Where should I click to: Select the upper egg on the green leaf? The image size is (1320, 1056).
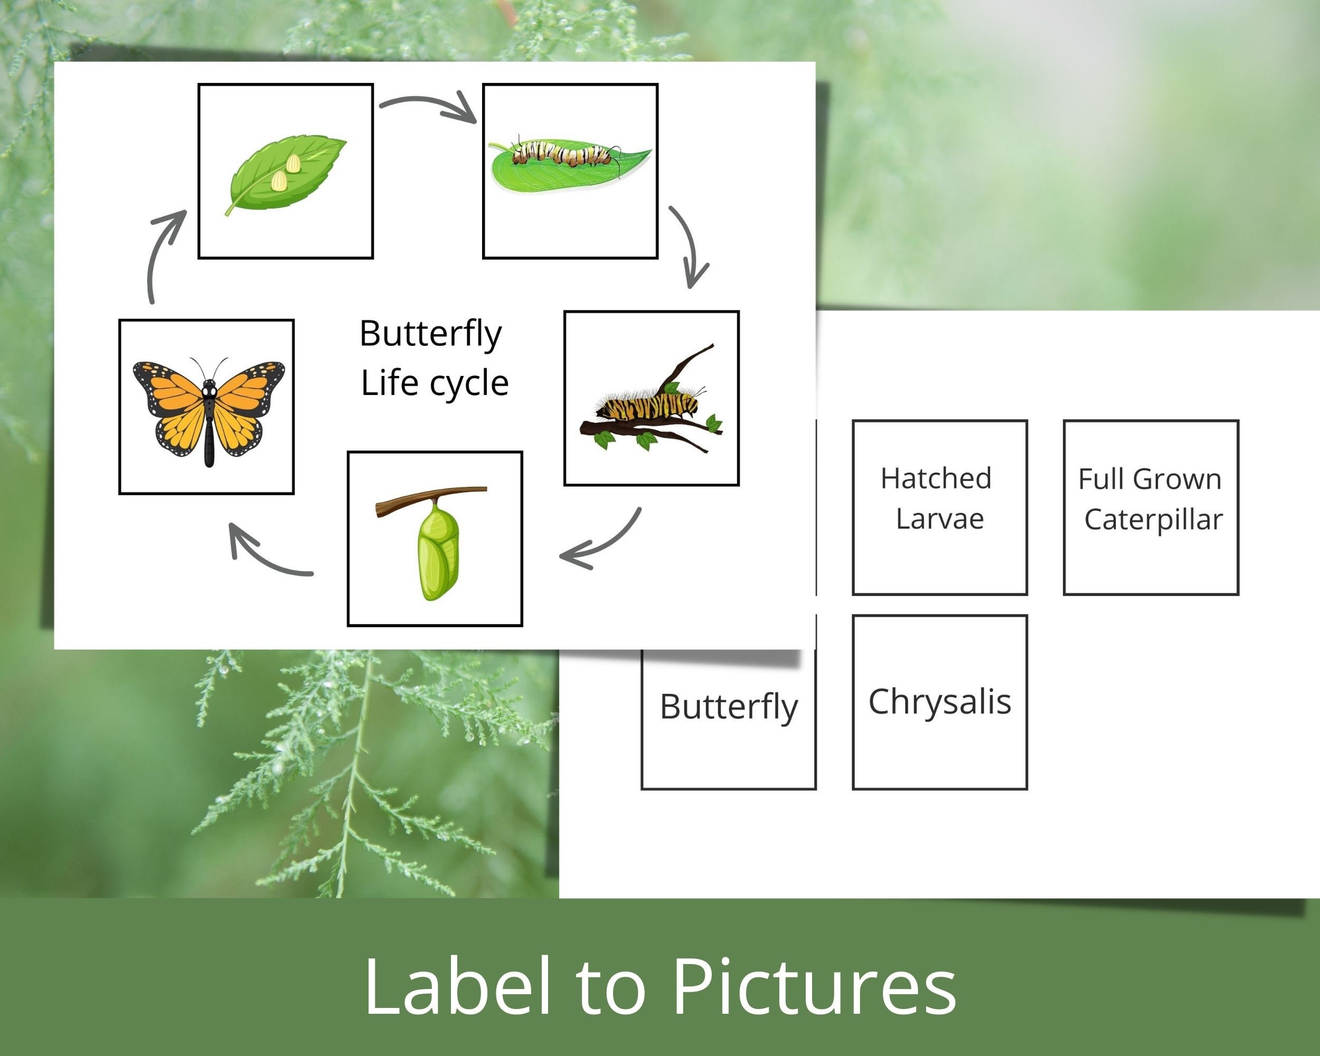click(x=293, y=164)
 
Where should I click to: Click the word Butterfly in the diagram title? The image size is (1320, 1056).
click(x=430, y=334)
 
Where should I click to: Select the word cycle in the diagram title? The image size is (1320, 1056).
click(x=469, y=384)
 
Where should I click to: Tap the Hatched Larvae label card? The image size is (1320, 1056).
click(x=939, y=507)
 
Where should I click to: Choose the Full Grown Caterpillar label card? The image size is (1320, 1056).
click(x=1151, y=507)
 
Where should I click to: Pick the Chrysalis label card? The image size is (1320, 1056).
click(x=939, y=702)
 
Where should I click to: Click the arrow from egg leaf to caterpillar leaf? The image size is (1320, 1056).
click(x=429, y=107)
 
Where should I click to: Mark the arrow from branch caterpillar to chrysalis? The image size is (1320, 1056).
click(x=603, y=542)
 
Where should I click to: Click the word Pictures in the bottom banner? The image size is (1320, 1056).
click(x=814, y=987)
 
